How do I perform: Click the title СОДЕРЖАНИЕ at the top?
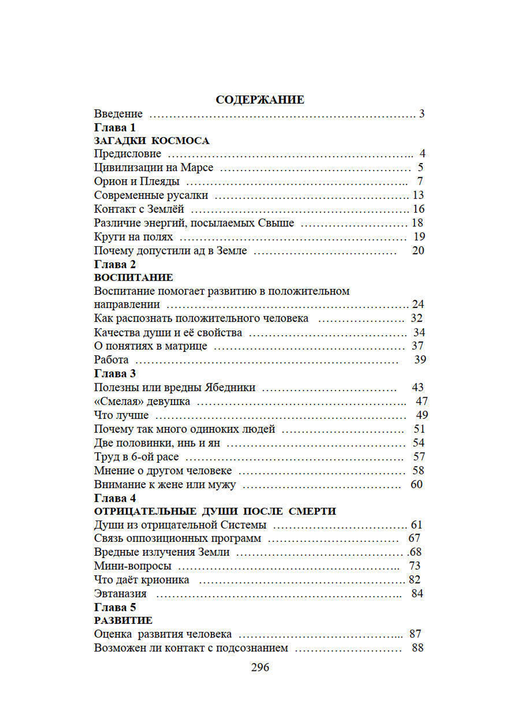tap(260, 100)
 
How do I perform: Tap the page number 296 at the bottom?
tap(260, 667)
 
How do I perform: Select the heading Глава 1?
tap(115, 127)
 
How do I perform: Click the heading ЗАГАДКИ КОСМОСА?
tap(151, 140)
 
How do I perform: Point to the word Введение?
tap(118, 113)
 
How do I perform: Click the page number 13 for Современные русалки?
tap(418, 195)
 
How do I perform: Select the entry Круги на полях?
tap(133, 236)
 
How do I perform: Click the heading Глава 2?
tap(115, 264)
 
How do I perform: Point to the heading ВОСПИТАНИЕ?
tap(134, 277)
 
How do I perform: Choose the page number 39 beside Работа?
tap(420, 360)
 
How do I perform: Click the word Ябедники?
tap(230, 387)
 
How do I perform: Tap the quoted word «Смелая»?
tap(116, 401)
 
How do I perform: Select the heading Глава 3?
tap(115, 373)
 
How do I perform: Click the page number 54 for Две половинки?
tap(418, 443)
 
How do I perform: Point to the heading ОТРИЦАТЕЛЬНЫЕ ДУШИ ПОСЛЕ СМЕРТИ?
tap(215, 511)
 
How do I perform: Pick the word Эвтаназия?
tap(120, 593)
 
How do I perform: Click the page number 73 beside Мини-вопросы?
tap(414, 566)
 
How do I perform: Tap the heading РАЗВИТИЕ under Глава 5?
tap(123, 620)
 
